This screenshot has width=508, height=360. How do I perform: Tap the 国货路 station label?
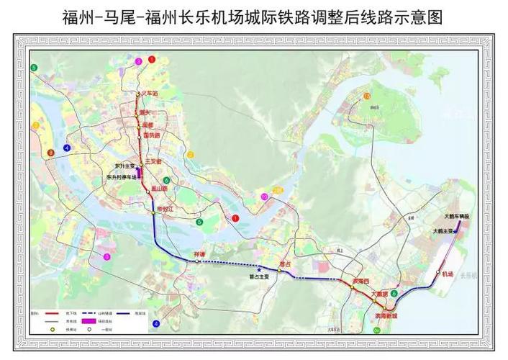point(151,135)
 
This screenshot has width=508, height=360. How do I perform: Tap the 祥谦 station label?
point(199,254)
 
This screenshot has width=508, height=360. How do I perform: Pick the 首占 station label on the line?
point(286,264)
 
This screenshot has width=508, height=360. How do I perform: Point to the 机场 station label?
point(448,274)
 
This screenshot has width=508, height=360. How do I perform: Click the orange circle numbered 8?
point(50,153)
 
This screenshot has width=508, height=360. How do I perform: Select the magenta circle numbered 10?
point(264,196)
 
